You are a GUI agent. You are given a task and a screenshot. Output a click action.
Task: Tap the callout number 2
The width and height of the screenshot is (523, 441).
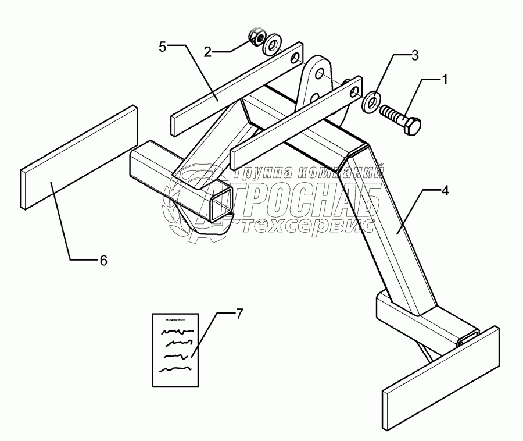pyautogui.click(x=208, y=51)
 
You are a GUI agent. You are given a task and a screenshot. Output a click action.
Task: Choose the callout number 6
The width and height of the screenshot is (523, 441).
pyautogui.click(x=103, y=261)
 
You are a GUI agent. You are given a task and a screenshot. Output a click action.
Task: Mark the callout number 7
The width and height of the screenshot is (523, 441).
pyautogui.click(x=239, y=313)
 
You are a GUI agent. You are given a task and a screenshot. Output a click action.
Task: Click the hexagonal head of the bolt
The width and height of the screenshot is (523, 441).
pyautogui.click(x=412, y=126)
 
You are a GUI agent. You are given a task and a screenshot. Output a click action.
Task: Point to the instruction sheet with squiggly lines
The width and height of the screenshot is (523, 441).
pyautogui.click(x=175, y=350)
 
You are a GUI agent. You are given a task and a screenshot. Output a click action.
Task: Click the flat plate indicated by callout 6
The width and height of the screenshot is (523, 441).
pyautogui.click(x=79, y=157)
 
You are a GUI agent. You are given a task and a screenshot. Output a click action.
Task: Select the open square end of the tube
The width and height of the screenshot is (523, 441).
pyautogui.click(x=218, y=204)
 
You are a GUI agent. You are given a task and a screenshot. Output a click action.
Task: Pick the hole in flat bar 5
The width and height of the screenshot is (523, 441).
pyautogui.click(x=296, y=58)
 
